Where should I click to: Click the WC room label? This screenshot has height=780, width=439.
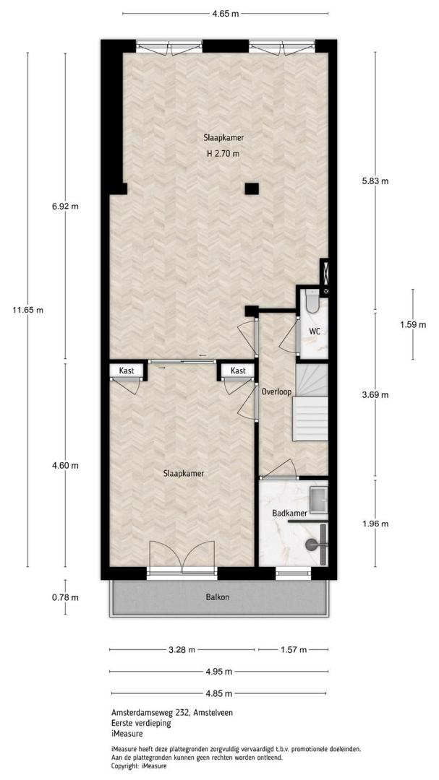point(314,331)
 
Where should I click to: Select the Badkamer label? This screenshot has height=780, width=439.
point(289,512)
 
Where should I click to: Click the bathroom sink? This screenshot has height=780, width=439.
point(318,500)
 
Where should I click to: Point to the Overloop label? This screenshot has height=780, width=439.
point(276,391)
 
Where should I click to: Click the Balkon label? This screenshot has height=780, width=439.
point(218,597)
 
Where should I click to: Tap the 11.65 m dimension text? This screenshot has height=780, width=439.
point(28,310)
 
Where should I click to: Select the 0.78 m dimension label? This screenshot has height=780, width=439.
point(65,597)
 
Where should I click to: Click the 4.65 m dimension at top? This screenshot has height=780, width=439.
point(225,14)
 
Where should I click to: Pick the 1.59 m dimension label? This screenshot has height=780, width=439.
point(412,325)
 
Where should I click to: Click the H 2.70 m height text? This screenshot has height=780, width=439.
point(223,154)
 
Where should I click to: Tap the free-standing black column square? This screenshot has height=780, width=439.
point(252,188)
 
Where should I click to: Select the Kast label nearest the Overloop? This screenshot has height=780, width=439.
point(238,370)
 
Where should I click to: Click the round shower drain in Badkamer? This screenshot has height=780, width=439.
point(312,545)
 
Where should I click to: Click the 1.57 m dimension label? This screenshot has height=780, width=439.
point(293,649)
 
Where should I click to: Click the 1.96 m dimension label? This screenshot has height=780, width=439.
point(375,524)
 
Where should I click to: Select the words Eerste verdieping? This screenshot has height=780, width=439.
point(142,723)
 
